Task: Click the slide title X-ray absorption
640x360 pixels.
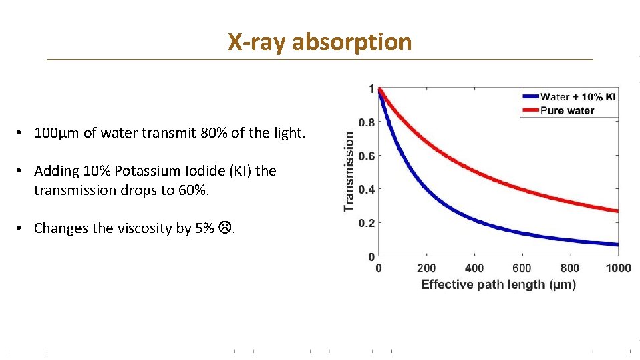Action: click(x=319, y=42)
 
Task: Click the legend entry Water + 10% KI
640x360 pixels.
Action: click(x=578, y=97)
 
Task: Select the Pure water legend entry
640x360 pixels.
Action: click(x=567, y=110)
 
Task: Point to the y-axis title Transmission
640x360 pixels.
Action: click(x=349, y=171)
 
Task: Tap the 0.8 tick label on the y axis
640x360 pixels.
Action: click(x=366, y=122)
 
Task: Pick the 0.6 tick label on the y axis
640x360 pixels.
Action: click(x=366, y=156)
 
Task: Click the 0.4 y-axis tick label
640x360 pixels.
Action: click(x=366, y=189)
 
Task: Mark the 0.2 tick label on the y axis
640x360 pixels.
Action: click(x=366, y=223)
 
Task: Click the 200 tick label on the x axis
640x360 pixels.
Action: click(x=426, y=268)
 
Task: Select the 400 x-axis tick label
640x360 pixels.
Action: click(x=474, y=268)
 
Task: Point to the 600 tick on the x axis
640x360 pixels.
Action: click(x=522, y=268)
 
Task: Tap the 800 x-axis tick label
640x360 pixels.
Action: click(x=570, y=268)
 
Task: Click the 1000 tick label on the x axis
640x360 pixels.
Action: click(x=617, y=268)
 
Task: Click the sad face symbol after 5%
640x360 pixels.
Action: click(x=224, y=228)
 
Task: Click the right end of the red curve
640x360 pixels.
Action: click(x=616, y=211)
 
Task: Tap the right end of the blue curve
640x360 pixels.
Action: click(x=616, y=244)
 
